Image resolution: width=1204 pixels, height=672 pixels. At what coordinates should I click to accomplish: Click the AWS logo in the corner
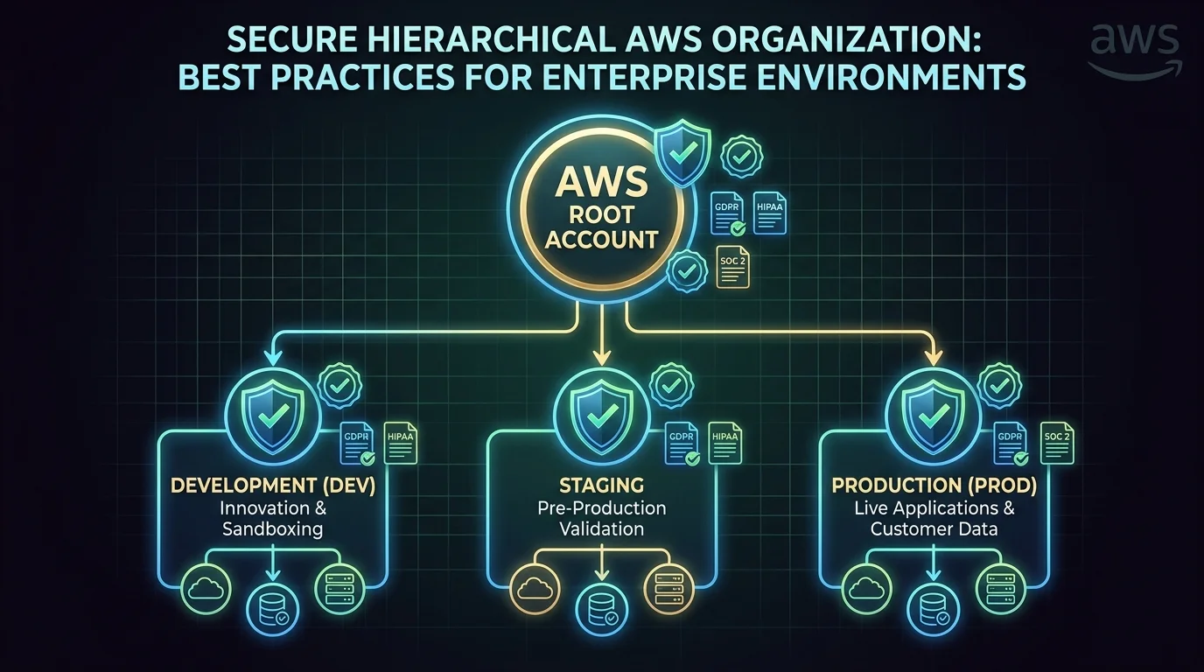point(1135,48)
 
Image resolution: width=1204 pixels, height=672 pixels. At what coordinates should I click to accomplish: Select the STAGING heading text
point(601,485)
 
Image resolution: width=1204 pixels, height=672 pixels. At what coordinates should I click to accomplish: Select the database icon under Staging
point(601,606)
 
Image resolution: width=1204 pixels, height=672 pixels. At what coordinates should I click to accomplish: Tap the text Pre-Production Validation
point(601,518)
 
